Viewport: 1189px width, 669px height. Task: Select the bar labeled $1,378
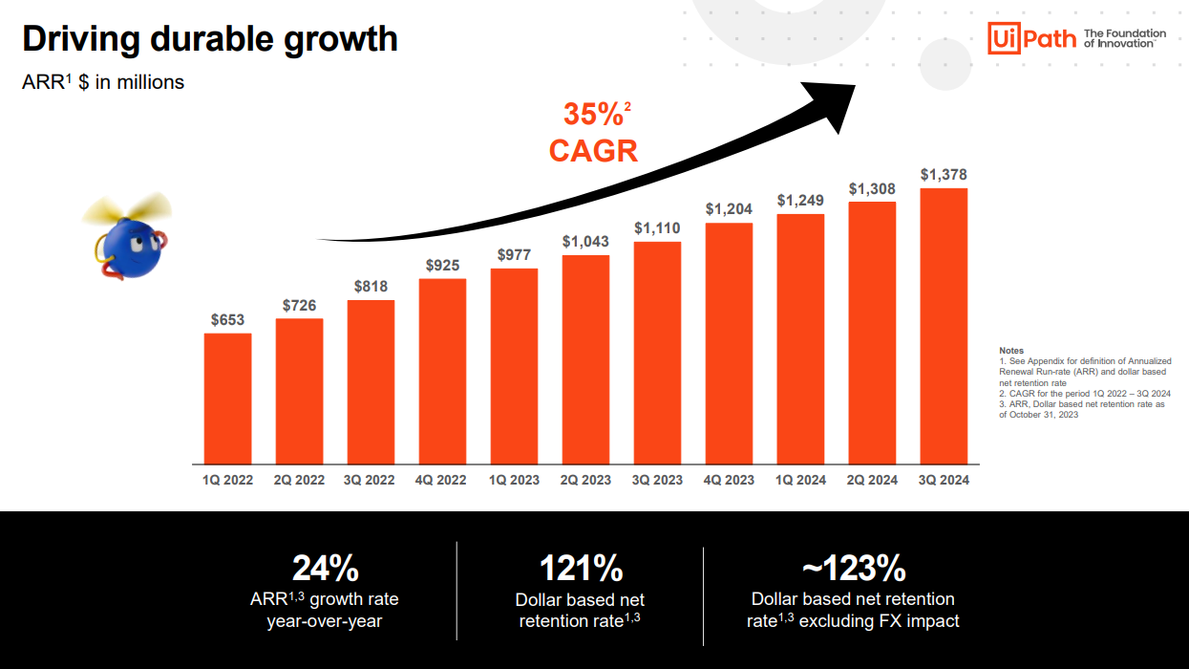pyautogui.click(x=944, y=326)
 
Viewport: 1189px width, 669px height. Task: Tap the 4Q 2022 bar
pyautogui.click(x=442, y=372)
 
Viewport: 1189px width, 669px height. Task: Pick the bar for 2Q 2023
pyautogui.click(x=585, y=359)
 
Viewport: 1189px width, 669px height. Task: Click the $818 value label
pyautogui.click(x=371, y=286)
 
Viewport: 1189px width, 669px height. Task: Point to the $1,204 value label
pyautogui.click(x=729, y=208)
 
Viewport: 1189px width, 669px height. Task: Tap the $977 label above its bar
pyautogui.click(x=514, y=254)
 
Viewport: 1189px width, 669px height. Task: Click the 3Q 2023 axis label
pyautogui.click(x=657, y=480)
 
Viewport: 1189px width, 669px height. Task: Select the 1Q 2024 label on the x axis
pyautogui.click(x=800, y=480)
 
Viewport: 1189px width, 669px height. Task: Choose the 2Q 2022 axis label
pyautogui.click(x=299, y=480)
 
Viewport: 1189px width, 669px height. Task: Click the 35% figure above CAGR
pyautogui.click(x=592, y=115)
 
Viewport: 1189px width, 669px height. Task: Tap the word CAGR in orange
pyautogui.click(x=593, y=150)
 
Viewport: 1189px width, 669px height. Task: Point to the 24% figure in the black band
pyautogui.click(x=325, y=569)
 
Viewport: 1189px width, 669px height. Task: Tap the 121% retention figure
pyautogui.click(x=581, y=569)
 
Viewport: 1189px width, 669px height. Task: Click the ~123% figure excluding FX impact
pyautogui.click(x=853, y=569)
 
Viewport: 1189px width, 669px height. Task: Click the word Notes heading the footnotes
pyautogui.click(x=1010, y=351)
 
